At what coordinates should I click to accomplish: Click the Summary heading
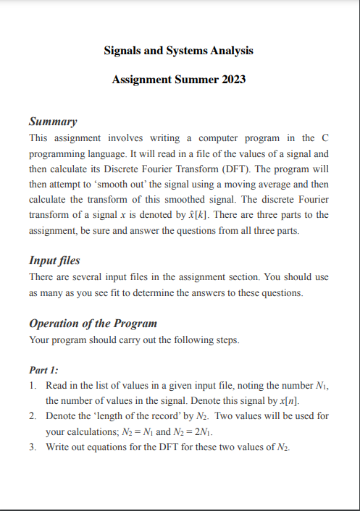(x=53, y=120)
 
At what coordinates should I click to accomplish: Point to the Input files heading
(x=54, y=261)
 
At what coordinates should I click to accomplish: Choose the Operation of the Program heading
(x=93, y=323)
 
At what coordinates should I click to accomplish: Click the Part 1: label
(x=44, y=369)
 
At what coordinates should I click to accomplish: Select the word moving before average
(x=262, y=185)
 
